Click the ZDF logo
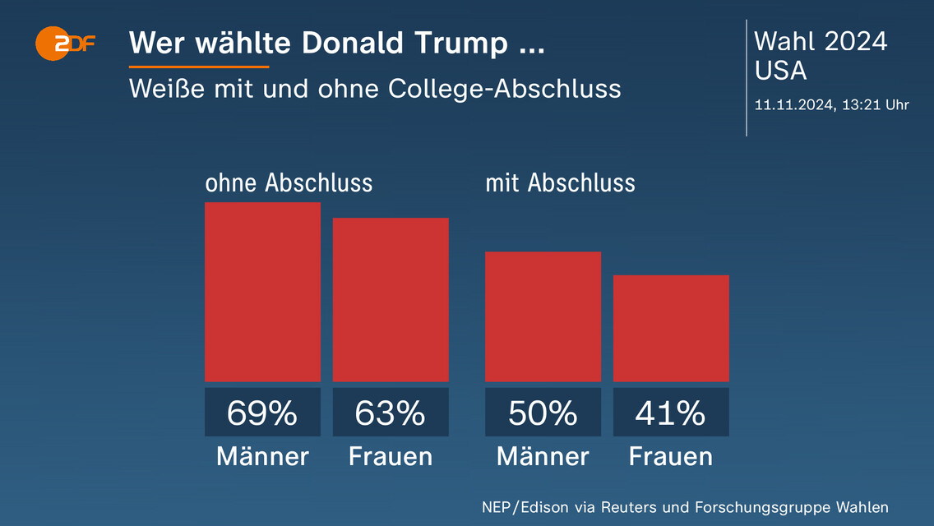65,44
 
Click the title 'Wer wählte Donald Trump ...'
336,44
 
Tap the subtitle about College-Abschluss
374,88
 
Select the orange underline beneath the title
199,67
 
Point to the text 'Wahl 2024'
821,41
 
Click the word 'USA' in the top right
780,72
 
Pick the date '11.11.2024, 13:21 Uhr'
831,104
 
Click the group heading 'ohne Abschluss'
289,182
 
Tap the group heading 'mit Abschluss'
560,182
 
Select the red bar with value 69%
262,292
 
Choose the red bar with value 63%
391,300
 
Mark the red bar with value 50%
543,316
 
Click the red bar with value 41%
671,329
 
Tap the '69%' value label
262,413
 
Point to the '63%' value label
391,413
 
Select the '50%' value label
543,413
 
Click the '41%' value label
671,413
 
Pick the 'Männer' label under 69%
262,456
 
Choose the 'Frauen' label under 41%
671,456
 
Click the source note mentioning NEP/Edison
685,507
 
